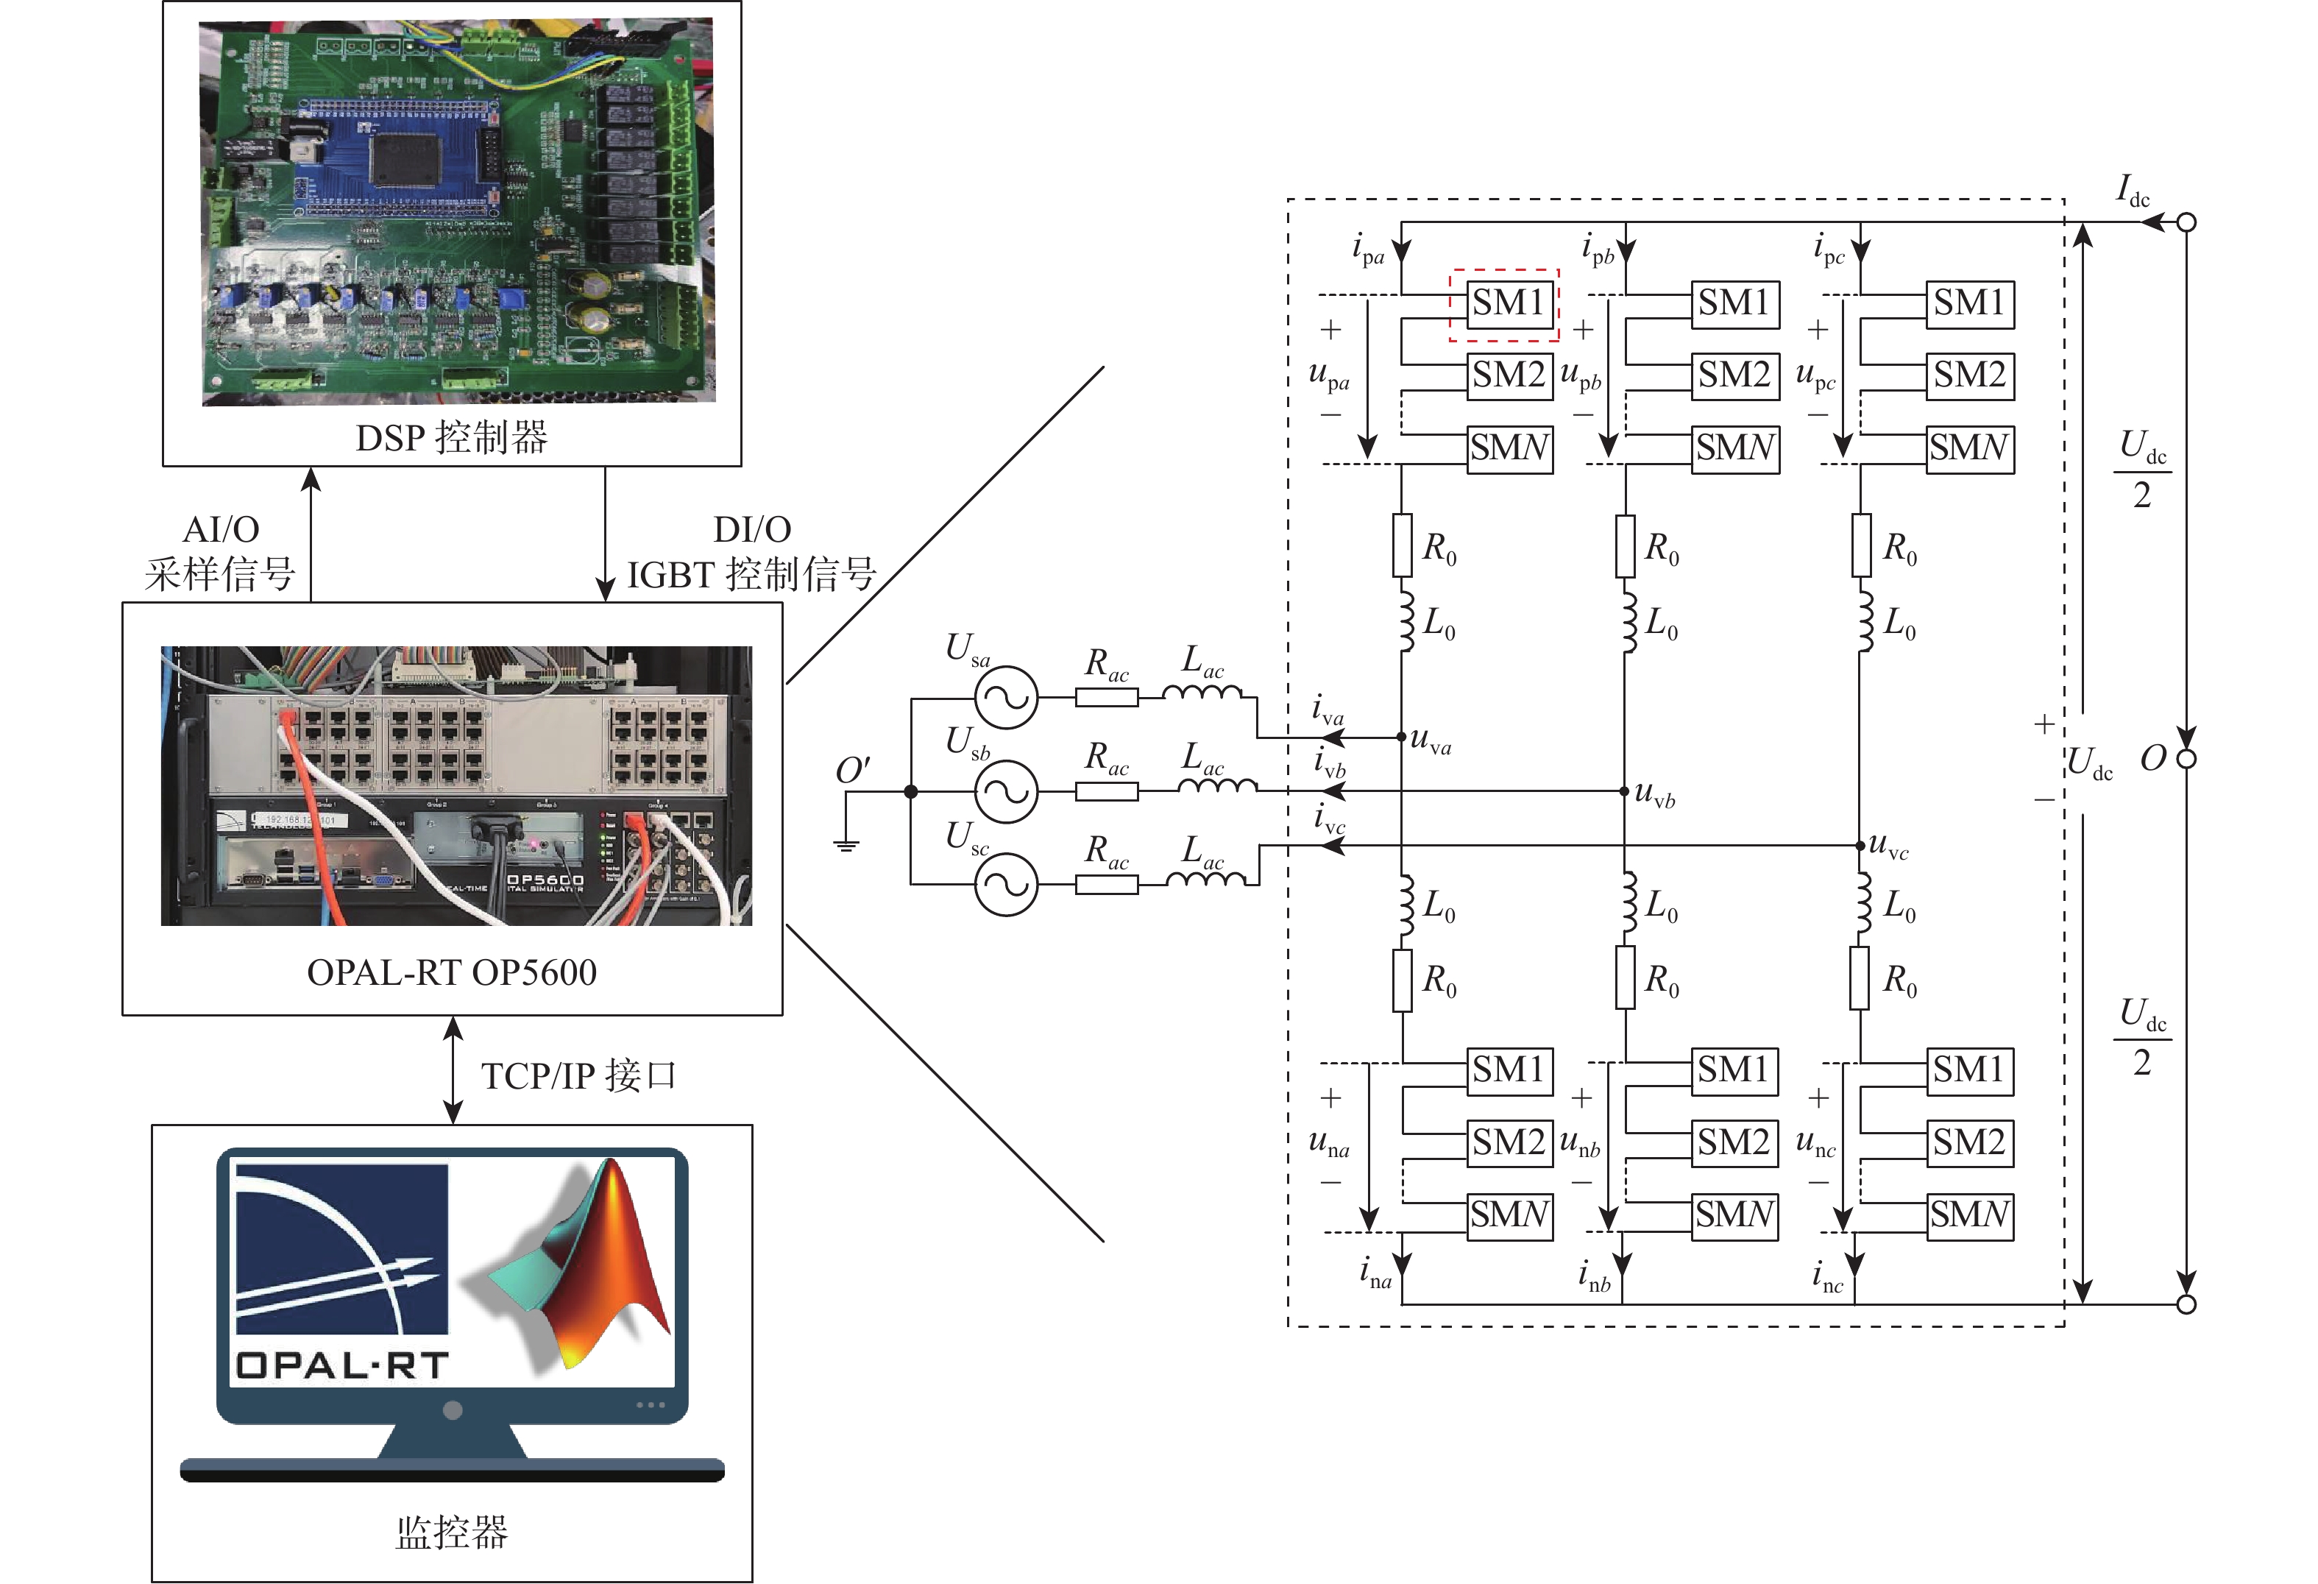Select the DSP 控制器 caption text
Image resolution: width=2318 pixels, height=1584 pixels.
point(451,437)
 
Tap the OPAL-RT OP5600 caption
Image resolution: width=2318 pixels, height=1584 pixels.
point(451,972)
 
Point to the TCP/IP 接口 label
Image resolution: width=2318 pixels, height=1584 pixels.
point(578,1076)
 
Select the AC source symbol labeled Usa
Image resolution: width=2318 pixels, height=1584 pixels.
point(1005,697)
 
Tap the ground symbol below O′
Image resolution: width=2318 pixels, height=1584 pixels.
point(846,843)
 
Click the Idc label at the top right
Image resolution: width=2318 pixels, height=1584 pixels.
point(2133,189)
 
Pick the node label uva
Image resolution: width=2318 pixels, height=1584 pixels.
point(1431,741)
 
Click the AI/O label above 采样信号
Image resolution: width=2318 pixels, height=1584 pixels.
point(221,528)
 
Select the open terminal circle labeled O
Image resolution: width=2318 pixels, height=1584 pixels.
point(2186,759)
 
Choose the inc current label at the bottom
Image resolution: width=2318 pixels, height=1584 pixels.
point(1828,1277)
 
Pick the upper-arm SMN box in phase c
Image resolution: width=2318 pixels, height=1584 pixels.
point(1969,448)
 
